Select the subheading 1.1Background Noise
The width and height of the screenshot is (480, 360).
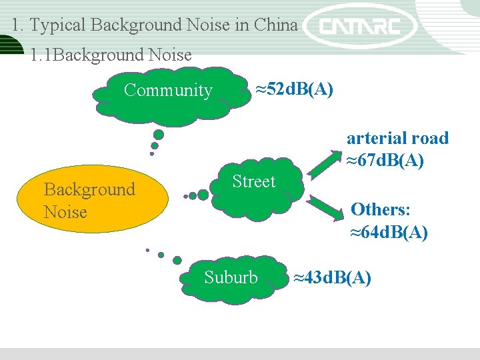111,55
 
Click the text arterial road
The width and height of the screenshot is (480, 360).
397,138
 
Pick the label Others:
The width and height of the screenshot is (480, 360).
380,209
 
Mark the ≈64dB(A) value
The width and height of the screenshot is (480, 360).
389,233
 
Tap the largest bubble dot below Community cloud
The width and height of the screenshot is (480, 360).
159,134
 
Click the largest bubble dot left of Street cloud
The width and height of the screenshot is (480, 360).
202,194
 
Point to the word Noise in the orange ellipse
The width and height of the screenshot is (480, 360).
65,212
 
